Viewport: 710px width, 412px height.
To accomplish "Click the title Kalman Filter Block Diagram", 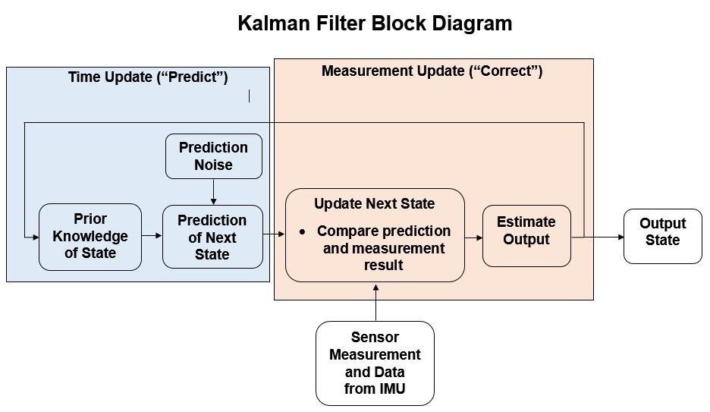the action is pos(375,24).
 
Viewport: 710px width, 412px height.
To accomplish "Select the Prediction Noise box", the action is pos(214,156).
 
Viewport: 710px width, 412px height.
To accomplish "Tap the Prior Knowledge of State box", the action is pos(90,237).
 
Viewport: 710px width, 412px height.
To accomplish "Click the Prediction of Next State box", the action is pos(212,237).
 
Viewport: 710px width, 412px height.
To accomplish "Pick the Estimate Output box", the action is pos(526,236).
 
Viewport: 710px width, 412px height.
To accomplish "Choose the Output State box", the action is pos(663,236).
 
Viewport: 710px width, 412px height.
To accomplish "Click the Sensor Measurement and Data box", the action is pos(375,363).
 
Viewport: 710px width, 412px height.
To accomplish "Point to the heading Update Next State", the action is pos(375,204).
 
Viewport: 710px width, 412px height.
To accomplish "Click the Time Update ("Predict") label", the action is pos(148,77).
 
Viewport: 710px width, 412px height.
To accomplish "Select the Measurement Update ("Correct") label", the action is pos(432,71).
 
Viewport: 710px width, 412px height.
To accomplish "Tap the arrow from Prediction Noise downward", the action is pos(214,192).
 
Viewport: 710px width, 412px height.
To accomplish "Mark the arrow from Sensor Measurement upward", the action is pos(375,303).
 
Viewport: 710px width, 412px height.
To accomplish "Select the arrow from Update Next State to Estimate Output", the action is pos(473,237).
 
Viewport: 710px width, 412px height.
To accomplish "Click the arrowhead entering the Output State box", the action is pos(620,237).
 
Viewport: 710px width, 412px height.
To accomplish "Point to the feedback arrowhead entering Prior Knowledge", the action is pos(36,237).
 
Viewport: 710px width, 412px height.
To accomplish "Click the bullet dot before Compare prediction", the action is pos(303,232).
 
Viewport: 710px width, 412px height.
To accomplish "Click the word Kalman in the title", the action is pos(274,24).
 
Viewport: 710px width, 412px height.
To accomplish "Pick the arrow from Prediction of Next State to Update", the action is pos(274,234).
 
